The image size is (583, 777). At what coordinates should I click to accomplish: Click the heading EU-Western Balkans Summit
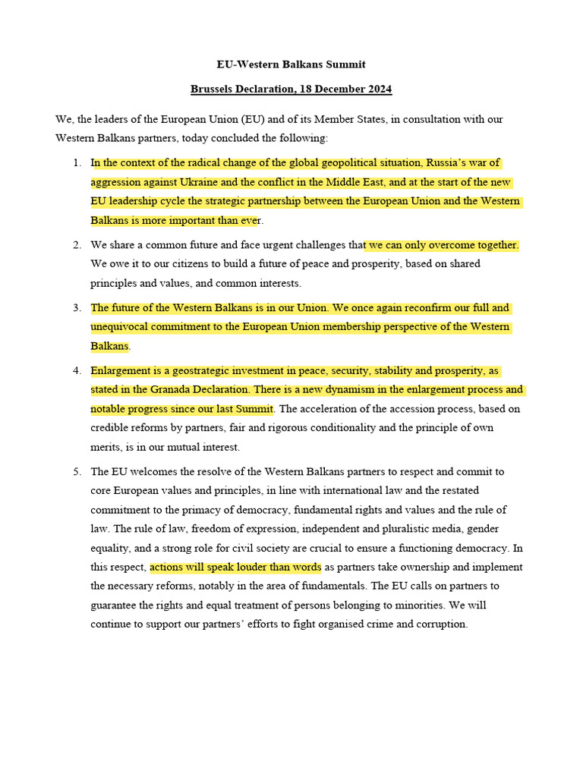click(x=291, y=64)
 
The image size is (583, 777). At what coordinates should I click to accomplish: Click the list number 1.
click(x=77, y=163)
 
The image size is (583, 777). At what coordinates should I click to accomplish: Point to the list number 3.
click(x=77, y=308)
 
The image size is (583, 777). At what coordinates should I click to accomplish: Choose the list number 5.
click(x=77, y=472)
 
